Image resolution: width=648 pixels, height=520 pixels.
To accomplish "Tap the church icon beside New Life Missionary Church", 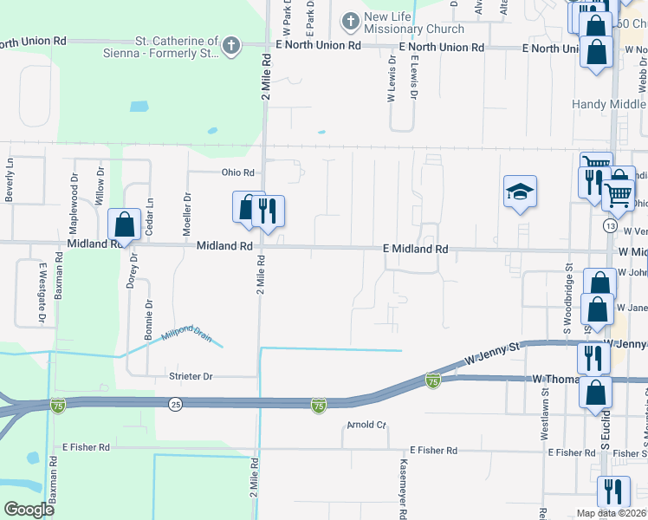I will (350, 19).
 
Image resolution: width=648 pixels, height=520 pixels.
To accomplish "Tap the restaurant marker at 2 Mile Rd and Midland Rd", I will (269, 210).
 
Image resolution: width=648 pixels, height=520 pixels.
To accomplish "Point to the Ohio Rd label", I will (237, 172).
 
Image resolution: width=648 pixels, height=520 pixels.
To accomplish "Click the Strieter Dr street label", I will (190, 376).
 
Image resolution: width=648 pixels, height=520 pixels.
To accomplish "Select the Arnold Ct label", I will (366, 425).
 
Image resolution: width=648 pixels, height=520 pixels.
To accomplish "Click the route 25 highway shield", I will (176, 405).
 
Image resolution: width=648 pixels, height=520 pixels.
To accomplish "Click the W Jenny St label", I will (490, 354).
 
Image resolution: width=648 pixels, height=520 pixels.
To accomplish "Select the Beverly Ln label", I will (10, 180).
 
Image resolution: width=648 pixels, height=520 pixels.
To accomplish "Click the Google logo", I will (29, 510).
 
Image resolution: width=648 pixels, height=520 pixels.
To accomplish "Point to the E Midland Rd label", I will (416, 249).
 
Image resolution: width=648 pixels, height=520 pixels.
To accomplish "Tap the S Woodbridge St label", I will (568, 299).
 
